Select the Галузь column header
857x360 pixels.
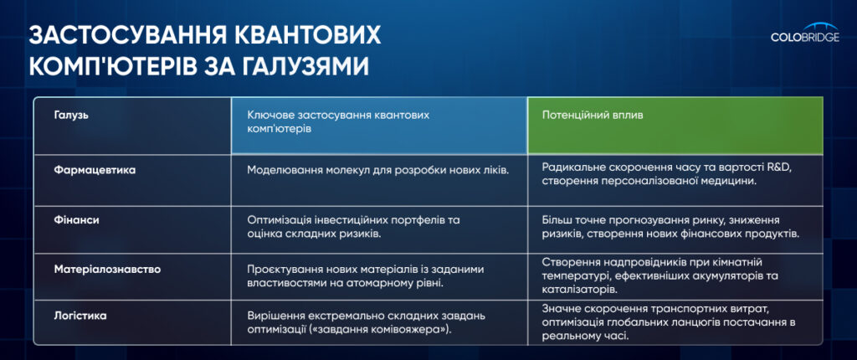click(x=71, y=116)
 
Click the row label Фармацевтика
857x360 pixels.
click(x=95, y=170)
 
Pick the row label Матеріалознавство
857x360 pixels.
click(x=107, y=270)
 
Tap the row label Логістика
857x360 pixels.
click(x=80, y=316)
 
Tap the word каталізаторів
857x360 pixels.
click(x=576, y=288)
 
